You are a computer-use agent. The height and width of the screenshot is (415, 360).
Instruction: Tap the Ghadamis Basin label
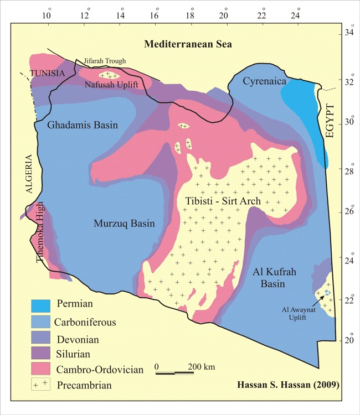tap(83, 125)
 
